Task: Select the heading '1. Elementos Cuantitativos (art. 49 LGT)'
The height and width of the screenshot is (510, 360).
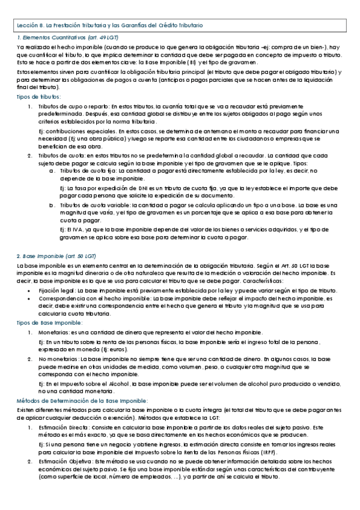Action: click(67, 38)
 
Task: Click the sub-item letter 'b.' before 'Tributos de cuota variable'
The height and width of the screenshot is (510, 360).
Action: click(52, 204)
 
